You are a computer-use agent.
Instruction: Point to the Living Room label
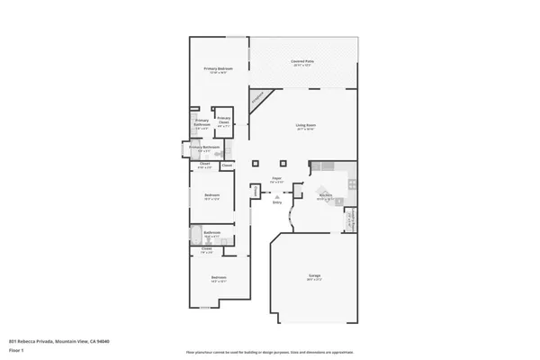(x=305, y=127)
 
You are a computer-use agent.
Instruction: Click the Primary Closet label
(x=223, y=121)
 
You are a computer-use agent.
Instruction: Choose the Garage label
(x=315, y=277)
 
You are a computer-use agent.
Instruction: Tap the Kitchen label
(x=326, y=196)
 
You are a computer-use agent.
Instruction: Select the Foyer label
(x=277, y=181)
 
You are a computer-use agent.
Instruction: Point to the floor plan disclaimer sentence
(x=270, y=352)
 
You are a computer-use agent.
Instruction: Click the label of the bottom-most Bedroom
(x=218, y=278)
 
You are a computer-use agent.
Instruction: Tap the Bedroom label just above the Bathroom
(x=211, y=196)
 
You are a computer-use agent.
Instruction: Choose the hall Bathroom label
(x=211, y=234)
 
